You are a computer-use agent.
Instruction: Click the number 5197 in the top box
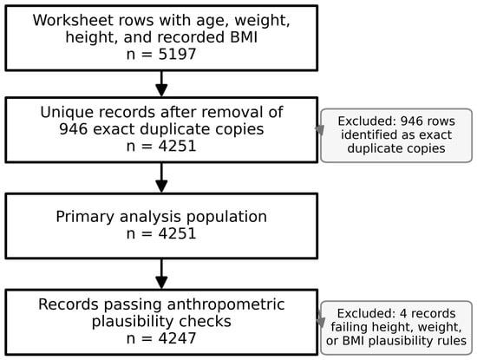pyautogui.click(x=177, y=55)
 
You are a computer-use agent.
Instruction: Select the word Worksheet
pyautogui.click(x=73, y=21)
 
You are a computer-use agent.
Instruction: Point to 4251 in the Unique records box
pyautogui.click(x=177, y=147)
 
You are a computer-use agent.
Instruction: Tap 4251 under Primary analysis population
pyautogui.click(x=177, y=234)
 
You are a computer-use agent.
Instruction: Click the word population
pyautogui.click(x=226, y=217)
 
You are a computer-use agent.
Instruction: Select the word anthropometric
pyautogui.click(x=225, y=304)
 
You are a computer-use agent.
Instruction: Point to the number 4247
pyautogui.click(x=177, y=338)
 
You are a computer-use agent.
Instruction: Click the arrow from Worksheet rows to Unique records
pyautogui.click(x=161, y=83)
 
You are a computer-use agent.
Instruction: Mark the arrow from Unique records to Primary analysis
pyautogui.click(x=161, y=178)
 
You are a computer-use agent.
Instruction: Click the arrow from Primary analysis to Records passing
pyautogui.click(x=161, y=274)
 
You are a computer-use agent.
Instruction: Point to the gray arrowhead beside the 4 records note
pyautogui.click(x=320, y=320)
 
